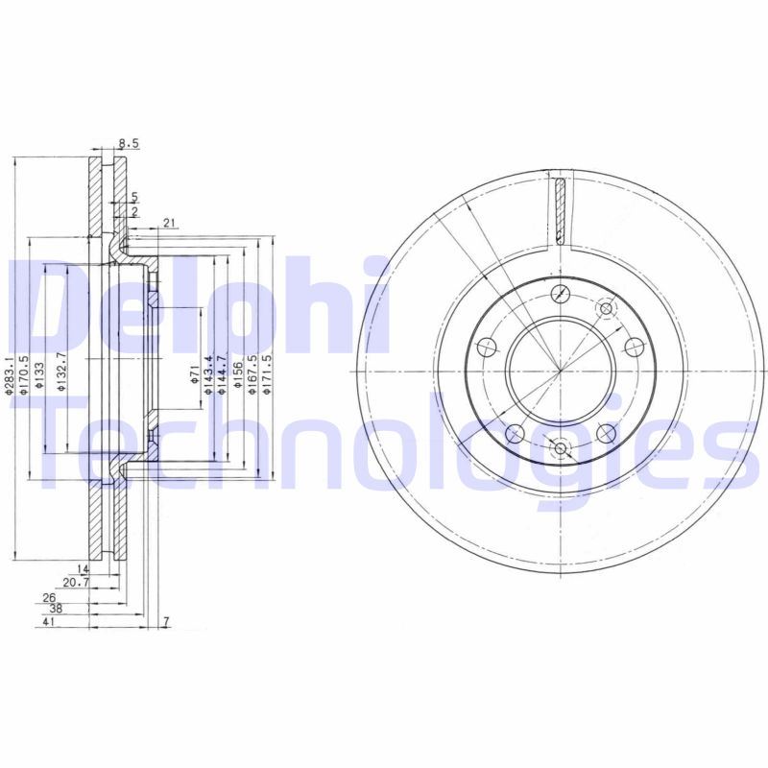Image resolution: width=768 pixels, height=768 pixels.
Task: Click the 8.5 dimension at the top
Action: pos(130,144)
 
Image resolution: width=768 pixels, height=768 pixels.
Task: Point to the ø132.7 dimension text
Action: pos(61,369)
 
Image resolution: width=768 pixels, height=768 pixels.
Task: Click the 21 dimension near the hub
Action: pos(169,224)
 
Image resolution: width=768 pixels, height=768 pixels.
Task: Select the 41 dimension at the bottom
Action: pos(47,623)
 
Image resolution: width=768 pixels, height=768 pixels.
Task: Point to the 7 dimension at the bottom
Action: pos(165,623)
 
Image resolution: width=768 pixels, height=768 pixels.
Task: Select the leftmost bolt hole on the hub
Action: pos(487,347)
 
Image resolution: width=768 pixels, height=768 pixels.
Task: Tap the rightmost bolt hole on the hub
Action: pos(633,347)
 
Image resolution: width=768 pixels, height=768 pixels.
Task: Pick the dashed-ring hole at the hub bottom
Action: pos(561,447)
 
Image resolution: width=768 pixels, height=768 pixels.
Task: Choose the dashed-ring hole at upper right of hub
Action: pos(606,308)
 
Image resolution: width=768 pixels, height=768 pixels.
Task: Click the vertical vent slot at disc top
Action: pos(560,208)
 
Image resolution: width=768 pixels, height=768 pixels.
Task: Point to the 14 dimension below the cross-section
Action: pos(84,569)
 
